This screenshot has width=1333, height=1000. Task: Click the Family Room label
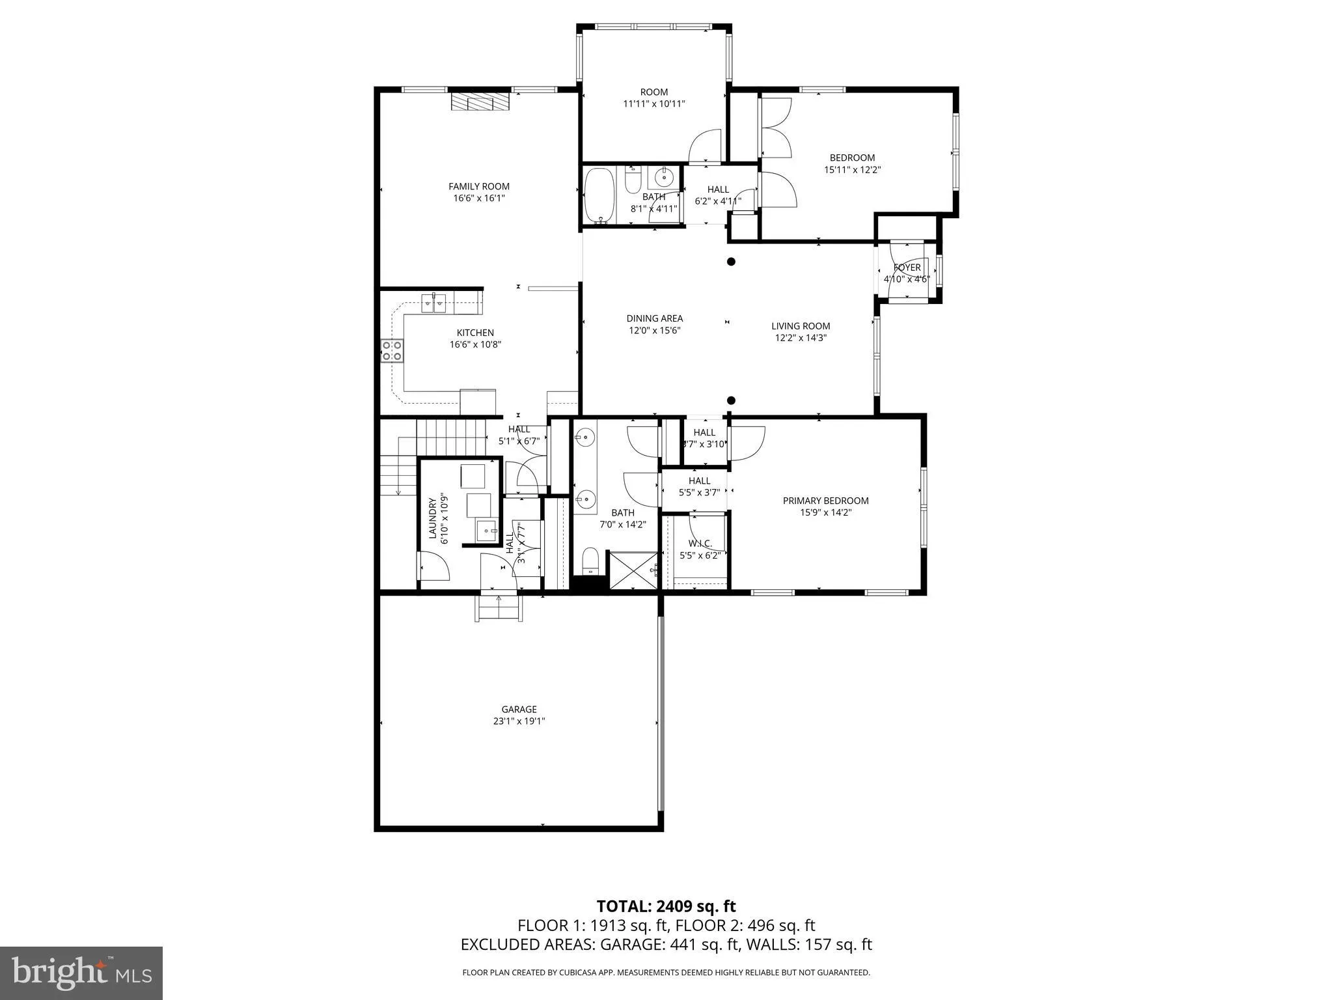[x=479, y=186]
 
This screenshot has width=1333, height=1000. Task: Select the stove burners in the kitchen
[x=392, y=351]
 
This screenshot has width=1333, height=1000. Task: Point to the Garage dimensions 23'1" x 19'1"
[x=519, y=721]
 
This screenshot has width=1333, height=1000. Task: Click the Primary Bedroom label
[x=825, y=501]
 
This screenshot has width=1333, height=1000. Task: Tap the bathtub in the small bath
[x=599, y=195]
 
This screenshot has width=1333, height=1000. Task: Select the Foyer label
[x=907, y=268]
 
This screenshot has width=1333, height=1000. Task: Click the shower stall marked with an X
[x=633, y=571]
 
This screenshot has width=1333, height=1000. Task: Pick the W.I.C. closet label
[x=700, y=544]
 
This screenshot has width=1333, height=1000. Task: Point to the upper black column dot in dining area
[x=731, y=262]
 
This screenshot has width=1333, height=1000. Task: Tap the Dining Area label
[x=655, y=318]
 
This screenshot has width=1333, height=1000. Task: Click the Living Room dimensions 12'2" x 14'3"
[x=801, y=338]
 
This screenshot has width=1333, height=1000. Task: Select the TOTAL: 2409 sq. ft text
[x=666, y=906]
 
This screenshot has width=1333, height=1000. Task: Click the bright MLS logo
[x=81, y=973]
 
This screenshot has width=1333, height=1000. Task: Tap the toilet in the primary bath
[x=590, y=561]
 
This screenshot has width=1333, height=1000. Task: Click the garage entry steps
[x=499, y=609]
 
